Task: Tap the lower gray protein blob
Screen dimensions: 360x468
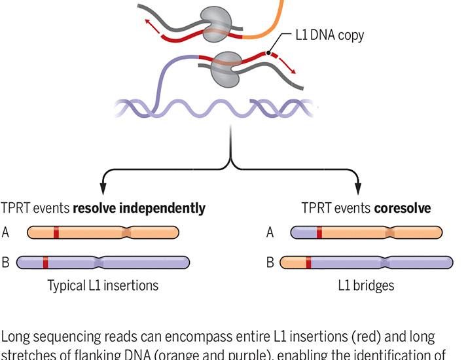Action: point(226,68)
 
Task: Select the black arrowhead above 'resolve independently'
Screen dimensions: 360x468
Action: point(102,189)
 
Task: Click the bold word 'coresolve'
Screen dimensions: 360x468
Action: point(403,209)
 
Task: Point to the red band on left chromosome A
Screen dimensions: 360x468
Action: point(56,232)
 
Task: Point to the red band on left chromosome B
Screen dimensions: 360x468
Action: point(45,262)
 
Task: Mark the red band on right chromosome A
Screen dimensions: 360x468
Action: point(319,232)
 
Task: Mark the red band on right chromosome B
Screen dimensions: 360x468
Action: point(308,262)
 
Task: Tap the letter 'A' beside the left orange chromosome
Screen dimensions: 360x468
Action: point(6,232)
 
